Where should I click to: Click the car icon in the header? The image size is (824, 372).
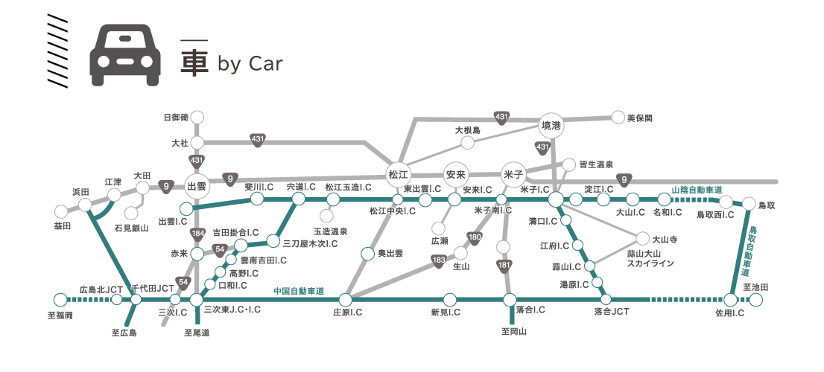click(124, 55)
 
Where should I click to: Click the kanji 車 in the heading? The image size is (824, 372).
click(194, 63)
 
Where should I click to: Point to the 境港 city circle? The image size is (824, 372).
click(552, 126)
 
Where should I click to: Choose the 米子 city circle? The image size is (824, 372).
click(515, 173)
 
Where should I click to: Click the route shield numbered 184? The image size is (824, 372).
click(197, 234)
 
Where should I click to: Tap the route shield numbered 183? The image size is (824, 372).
click(439, 260)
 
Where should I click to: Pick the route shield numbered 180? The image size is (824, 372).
click(475, 237)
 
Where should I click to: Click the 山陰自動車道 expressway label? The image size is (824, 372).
click(697, 190)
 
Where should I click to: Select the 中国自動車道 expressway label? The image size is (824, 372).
click(299, 291)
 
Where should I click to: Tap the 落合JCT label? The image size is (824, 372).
click(612, 311)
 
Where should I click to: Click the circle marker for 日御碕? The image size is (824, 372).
click(197, 117)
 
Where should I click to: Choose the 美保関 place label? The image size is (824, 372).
click(640, 118)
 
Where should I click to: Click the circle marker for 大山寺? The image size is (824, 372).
click(642, 239)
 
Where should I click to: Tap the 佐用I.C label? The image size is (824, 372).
click(729, 313)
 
